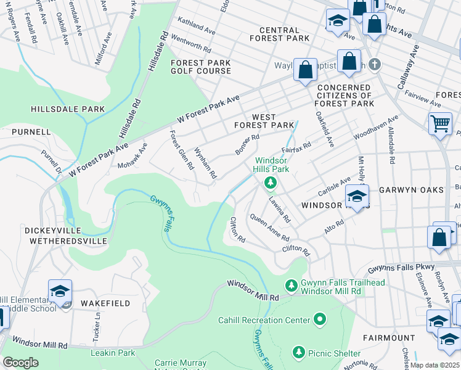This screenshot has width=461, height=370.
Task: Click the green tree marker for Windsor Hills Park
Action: (x=269, y=183)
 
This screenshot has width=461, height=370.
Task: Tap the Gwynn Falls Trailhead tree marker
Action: (x=291, y=286)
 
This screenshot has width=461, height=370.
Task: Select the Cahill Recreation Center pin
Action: (x=319, y=319)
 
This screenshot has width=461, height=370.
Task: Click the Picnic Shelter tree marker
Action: (x=299, y=352)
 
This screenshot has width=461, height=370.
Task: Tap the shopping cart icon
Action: (x=440, y=123)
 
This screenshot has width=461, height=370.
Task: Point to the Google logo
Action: (x=20, y=363)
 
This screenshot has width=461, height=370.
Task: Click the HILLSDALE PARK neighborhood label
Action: (x=68, y=109)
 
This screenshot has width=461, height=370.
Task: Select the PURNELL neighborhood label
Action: (x=30, y=132)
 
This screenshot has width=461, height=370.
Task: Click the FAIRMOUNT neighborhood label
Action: (x=389, y=338)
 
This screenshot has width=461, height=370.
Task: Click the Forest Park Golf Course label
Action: (x=201, y=67)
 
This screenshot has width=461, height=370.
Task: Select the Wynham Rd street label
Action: (x=205, y=163)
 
